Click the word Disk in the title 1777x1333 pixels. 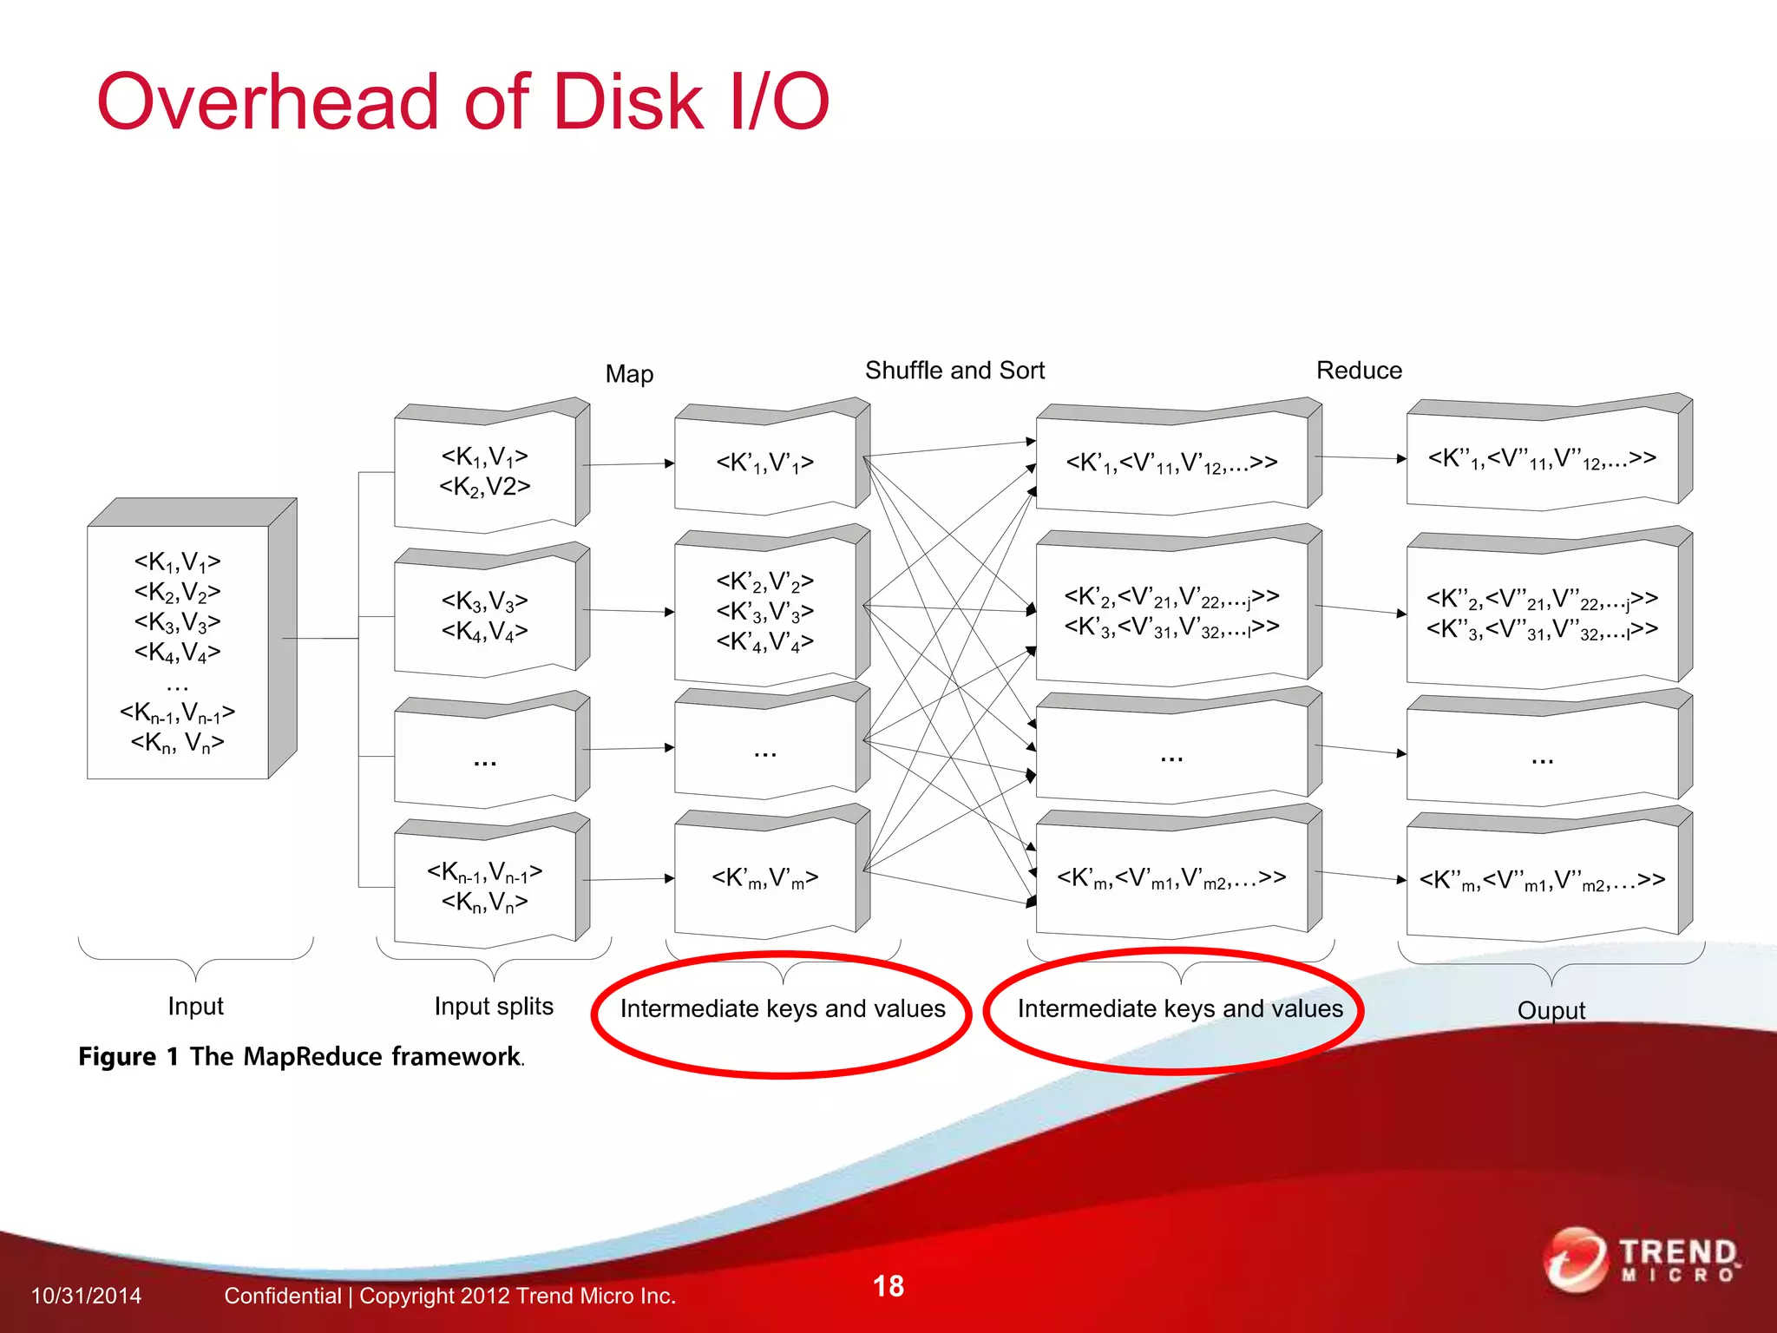point(626,102)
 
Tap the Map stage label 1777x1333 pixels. point(629,374)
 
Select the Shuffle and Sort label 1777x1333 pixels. point(954,371)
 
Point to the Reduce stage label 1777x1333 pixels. point(1359,371)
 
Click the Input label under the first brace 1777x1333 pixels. point(195,1006)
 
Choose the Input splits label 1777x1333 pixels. point(494,1006)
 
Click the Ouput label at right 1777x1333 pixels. point(1551,1010)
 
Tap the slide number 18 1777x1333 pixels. point(888,1286)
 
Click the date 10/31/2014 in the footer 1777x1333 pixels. point(86,1296)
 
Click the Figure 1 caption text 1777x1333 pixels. point(300,1057)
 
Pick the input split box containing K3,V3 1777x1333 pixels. point(484,615)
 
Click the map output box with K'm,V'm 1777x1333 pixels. point(764,877)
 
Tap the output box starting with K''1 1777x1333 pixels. point(1542,458)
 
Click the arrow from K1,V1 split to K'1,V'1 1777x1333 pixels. point(628,464)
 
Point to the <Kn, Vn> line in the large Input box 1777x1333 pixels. point(178,743)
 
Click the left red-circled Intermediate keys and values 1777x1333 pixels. point(783,1009)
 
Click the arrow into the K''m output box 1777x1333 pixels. point(1360,876)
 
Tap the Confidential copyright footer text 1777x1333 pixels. point(449,1296)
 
